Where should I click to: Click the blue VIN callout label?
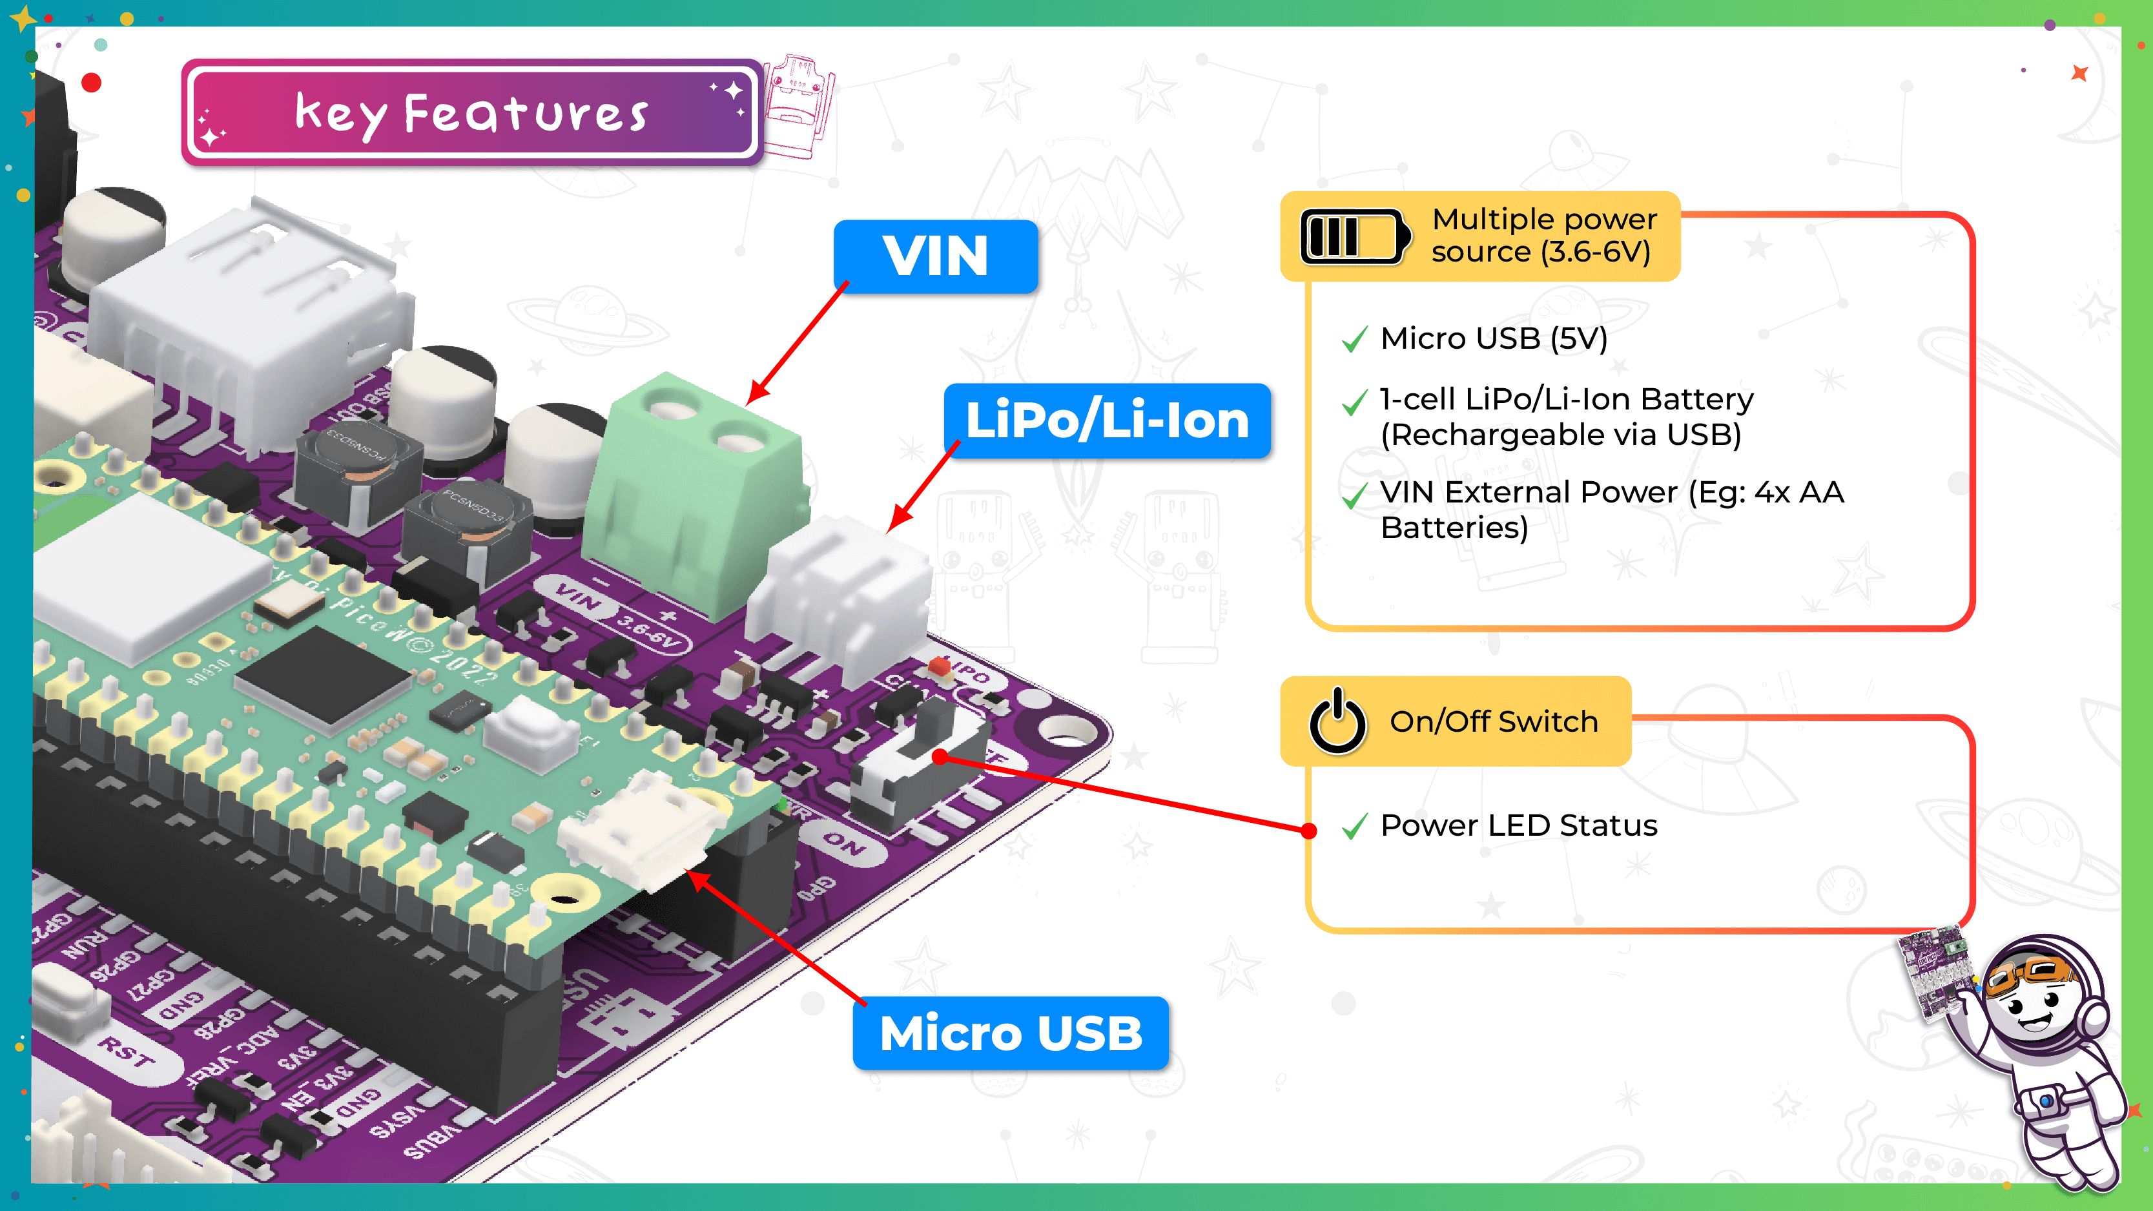click(x=935, y=256)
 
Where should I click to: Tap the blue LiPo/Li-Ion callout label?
click(x=1107, y=420)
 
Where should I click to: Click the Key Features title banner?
click(x=471, y=113)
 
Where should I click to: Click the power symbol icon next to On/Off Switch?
click(x=1337, y=721)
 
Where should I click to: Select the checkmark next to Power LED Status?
click(x=1354, y=827)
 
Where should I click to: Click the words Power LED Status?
click(x=1518, y=825)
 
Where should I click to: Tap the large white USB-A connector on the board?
click(x=251, y=318)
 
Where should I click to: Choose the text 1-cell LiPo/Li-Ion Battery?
click(x=1566, y=400)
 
